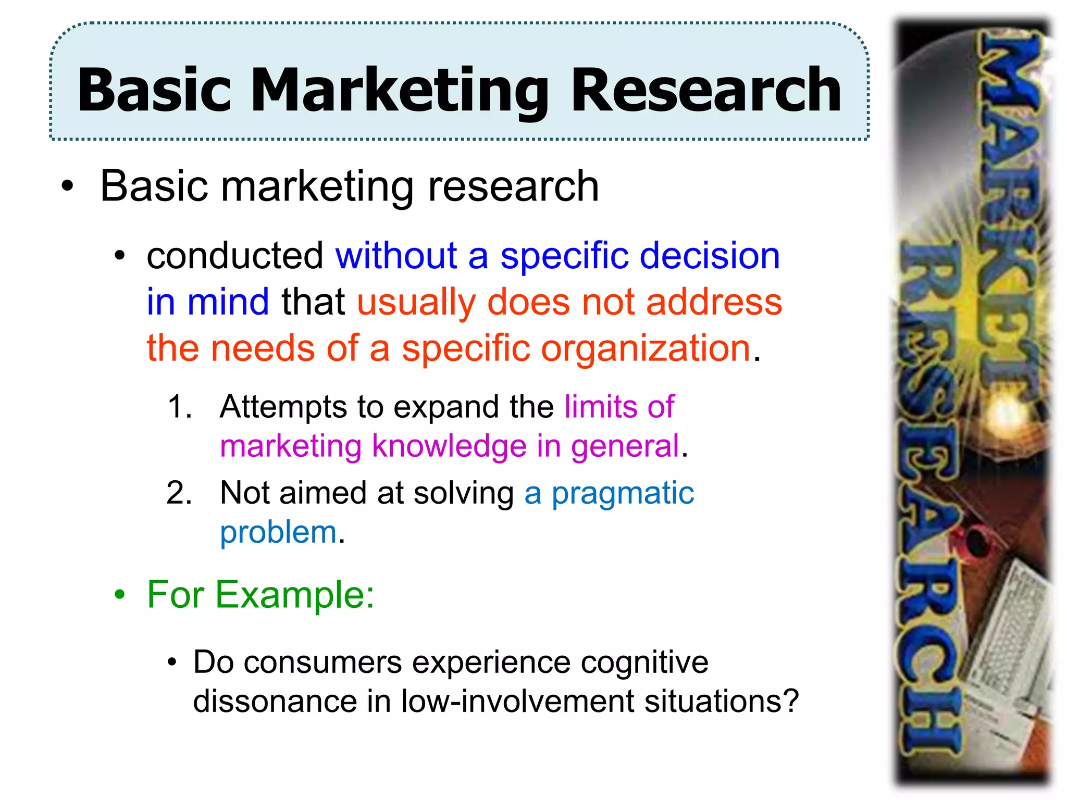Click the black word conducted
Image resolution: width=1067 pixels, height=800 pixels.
pyautogui.click(x=235, y=256)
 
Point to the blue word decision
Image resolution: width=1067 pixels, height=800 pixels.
pyautogui.click(x=709, y=256)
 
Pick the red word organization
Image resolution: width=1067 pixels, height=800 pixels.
pyautogui.click(x=646, y=348)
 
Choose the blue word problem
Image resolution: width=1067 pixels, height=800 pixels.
pyautogui.click(x=278, y=532)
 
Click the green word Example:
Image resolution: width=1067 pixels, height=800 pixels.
pyautogui.click(x=295, y=594)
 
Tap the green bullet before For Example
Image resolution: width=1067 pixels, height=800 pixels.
pyautogui.click(x=120, y=594)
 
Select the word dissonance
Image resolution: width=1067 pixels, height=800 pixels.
pyautogui.click(x=275, y=701)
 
